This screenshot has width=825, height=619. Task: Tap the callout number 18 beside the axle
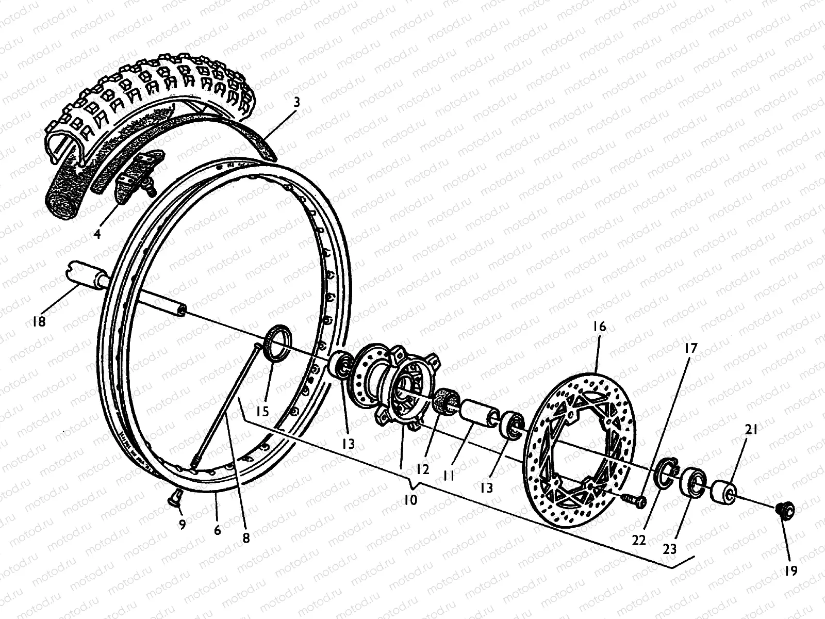[x=39, y=321]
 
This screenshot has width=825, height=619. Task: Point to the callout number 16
[x=600, y=327]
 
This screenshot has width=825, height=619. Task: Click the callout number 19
[x=791, y=571]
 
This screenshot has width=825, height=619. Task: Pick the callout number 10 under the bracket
[x=410, y=500]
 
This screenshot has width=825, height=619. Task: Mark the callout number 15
[x=262, y=411]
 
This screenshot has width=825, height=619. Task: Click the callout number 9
[x=182, y=524]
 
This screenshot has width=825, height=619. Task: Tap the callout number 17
[x=691, y=348]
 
